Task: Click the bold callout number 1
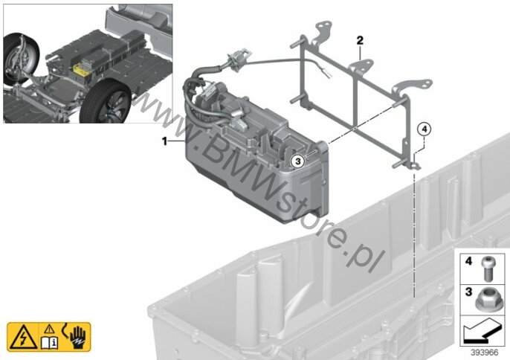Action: pyautogui.click(x=165, y=141)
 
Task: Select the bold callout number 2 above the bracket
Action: pyautogui.click(x=360, y=41)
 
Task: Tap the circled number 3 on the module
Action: pyautogui.click(x=299, y=161)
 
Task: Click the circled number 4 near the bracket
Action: pyautogui.click(x=424, y=129)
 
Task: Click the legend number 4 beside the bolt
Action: pyautogui.click(x=468, y=261)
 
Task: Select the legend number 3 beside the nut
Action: pyautogui.click(x=468, y=292)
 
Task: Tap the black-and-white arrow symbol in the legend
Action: pyautogui.click(x=482, y=330)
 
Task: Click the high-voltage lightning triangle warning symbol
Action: pyautogui.click(x=23, y=337)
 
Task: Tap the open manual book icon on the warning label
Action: pyautogui.click(x=49, y=342)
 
